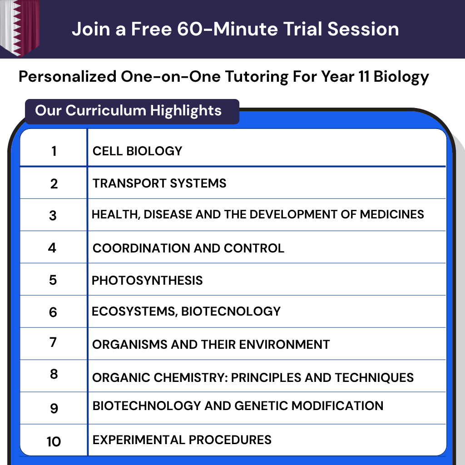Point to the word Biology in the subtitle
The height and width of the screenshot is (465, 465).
[401, 77]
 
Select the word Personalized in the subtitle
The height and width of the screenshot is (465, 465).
[67, 77]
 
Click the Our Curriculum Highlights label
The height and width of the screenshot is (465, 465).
[128, 111]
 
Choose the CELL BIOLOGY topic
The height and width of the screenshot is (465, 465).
[137, 151]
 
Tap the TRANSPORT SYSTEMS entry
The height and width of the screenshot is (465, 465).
[159, 183]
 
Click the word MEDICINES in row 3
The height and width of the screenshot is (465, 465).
[392, 214]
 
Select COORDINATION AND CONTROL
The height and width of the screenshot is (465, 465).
[188, 248]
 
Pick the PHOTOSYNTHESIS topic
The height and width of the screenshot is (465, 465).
[147, 280]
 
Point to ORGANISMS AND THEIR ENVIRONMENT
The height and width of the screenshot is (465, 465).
[211, 345]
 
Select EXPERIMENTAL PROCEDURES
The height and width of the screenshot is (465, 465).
[182, 440]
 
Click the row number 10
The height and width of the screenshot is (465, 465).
[54, 441]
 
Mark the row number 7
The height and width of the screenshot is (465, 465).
[53, 342]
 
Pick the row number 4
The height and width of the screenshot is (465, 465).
[52, 248]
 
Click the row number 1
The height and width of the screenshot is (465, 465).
[54, 151]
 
